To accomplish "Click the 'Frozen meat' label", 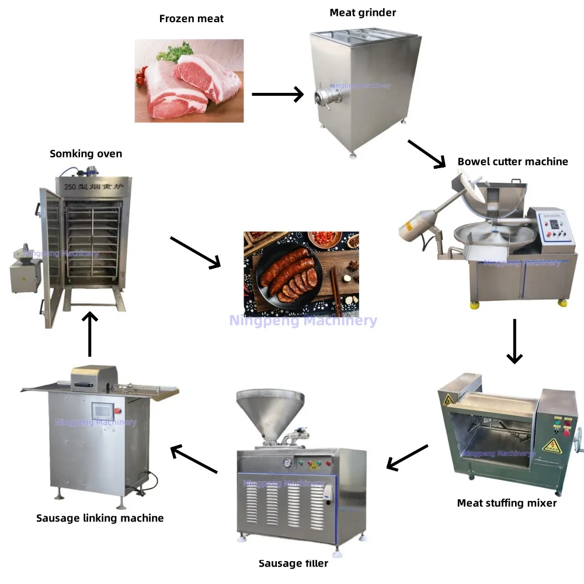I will tap(192, 19).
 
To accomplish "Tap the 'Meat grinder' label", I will tap(363, 13).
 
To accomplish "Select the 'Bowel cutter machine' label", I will tap(513, 162).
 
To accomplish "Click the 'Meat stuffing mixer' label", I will tap(507, 503).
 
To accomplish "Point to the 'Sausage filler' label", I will tap(293, 564).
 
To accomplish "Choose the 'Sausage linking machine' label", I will tap(100, 518).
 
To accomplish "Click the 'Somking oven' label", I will tap(86, 154).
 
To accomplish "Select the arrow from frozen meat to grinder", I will tap(277, 94).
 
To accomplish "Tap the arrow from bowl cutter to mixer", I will tap(515, 341).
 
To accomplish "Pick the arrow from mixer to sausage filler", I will tap(408, 457).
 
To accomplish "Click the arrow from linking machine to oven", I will tap(89, 333).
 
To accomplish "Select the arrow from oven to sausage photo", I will tap(195, 252).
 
